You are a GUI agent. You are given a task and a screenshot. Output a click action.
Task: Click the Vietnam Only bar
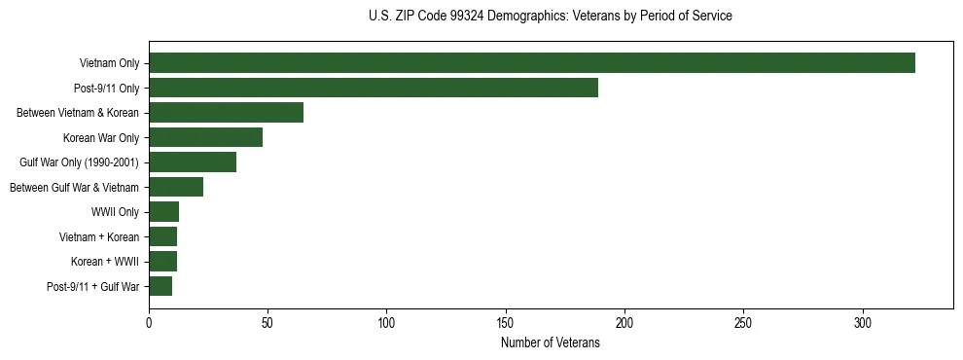(532, 63)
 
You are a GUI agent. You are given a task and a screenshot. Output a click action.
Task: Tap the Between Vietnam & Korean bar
(226, 113)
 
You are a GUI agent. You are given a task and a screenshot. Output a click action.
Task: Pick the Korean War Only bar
(205, 137)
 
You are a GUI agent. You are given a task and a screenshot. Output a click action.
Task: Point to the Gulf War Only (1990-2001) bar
(193, 162)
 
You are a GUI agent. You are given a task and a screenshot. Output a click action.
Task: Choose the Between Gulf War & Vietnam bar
(176, 187)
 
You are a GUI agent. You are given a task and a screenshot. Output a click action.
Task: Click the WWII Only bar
(163, 212)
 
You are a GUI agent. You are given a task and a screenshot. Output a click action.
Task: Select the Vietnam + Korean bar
(162, 236)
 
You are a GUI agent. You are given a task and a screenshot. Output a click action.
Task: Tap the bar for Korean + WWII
(162, 262)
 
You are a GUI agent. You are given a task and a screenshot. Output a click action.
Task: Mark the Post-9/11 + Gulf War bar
(160, 286)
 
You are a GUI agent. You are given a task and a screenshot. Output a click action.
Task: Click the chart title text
(551, 17)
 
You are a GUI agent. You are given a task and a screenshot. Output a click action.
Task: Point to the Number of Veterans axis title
(551, 343)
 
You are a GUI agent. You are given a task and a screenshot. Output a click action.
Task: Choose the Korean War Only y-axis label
(101, 138)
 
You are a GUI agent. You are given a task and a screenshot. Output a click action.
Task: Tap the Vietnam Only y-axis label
(109, 64)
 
